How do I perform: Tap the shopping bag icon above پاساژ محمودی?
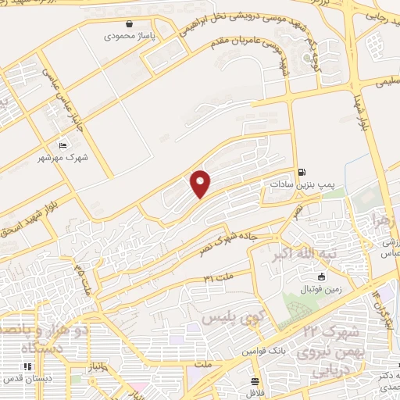click(139, 24)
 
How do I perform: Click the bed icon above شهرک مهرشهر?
click(63, 145)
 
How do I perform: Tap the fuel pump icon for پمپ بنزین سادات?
click(302, 172)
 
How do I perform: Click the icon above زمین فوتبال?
click(320, 277)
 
